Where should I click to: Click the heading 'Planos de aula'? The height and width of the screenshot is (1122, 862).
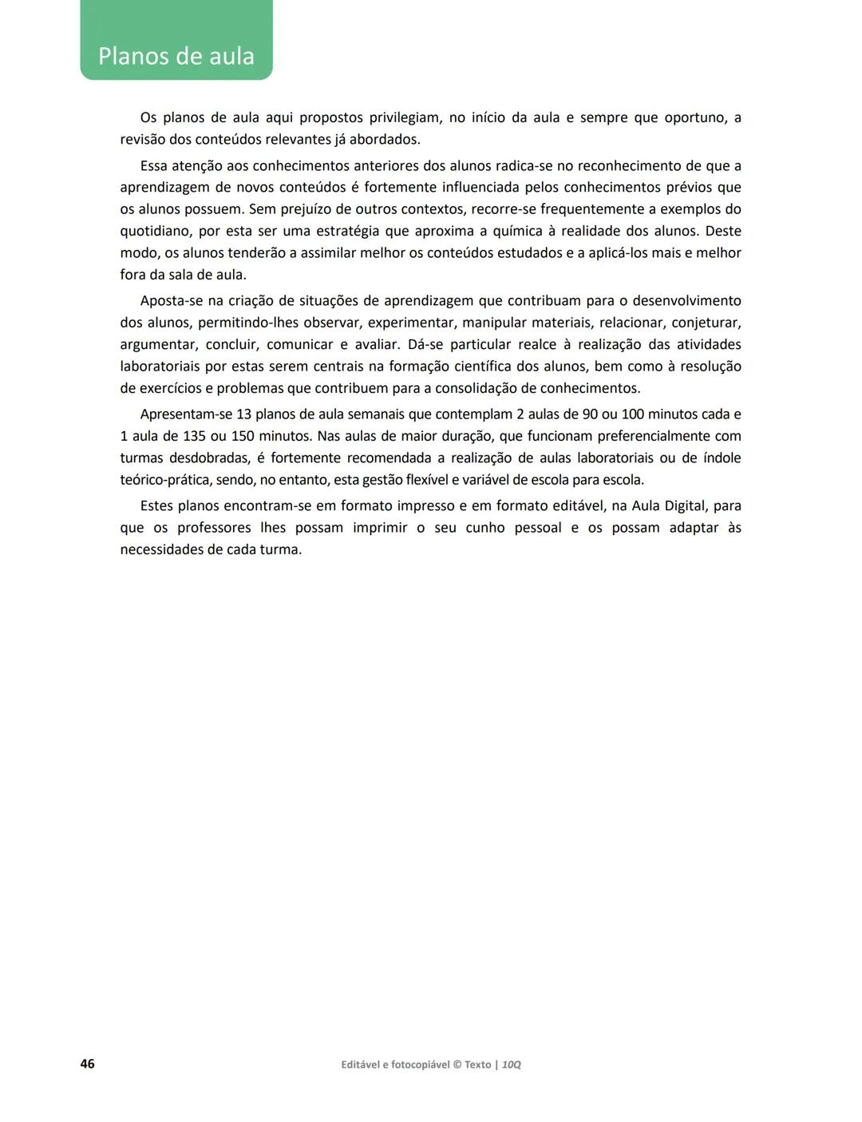pos(176,57)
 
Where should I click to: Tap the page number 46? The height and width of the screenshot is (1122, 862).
pos(88,1064)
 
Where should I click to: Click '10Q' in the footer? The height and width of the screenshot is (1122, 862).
pos(512,1065)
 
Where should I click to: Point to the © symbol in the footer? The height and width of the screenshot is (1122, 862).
pos(457,1065)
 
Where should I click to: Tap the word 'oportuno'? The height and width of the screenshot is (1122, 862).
pos(695,118)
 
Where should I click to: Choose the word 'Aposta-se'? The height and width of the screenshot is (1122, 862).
pos(173,301)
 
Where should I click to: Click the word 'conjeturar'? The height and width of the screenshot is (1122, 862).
pos(706,323)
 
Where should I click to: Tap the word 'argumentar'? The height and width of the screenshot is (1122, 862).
pos(157,345)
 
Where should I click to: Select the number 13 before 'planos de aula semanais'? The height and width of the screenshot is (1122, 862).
pos(244,414)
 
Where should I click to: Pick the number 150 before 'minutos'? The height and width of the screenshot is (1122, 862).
pos(243,437)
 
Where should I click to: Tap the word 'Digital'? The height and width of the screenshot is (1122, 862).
pos(682,506)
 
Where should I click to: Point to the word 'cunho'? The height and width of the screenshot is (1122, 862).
pos(485,528)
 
